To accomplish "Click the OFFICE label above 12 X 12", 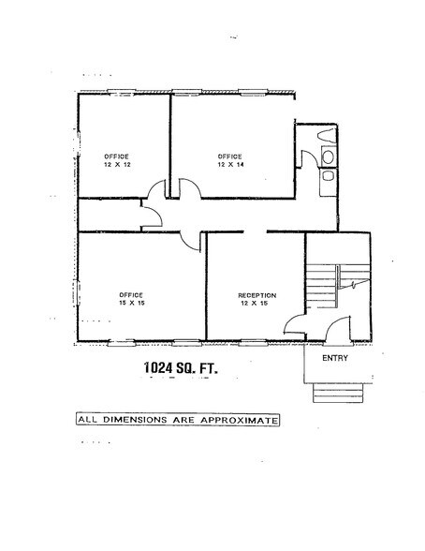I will click(116, 154).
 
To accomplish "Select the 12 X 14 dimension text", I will click(230, 163).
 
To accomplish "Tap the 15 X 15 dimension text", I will click(132, 303).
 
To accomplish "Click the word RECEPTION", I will click(256, 295).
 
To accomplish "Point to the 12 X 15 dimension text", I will click(254, 304).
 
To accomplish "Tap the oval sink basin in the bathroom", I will click(328, 174).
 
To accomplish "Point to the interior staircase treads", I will click(321, 281).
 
